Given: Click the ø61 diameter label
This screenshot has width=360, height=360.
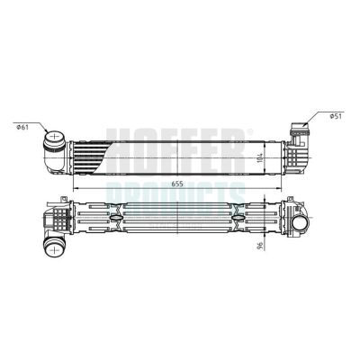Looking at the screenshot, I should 22,126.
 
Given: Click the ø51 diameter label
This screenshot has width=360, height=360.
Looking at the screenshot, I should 336,115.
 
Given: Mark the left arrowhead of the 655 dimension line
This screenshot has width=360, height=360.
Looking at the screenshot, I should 76,187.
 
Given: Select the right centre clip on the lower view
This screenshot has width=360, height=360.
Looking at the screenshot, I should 235,219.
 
